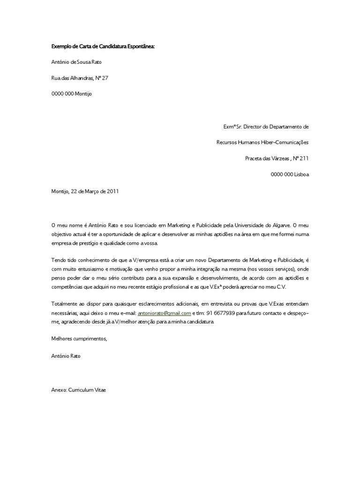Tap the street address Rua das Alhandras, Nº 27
coord(80,78)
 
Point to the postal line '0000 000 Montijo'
coord(72,94)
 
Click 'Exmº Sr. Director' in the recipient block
coord(244,127)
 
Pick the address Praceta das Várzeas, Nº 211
coord(277,158)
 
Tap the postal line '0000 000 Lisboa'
coord(290,174)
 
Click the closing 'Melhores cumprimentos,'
coord(79,338)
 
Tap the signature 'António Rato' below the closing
coord(66,356)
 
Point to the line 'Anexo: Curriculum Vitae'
coord(78,390)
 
